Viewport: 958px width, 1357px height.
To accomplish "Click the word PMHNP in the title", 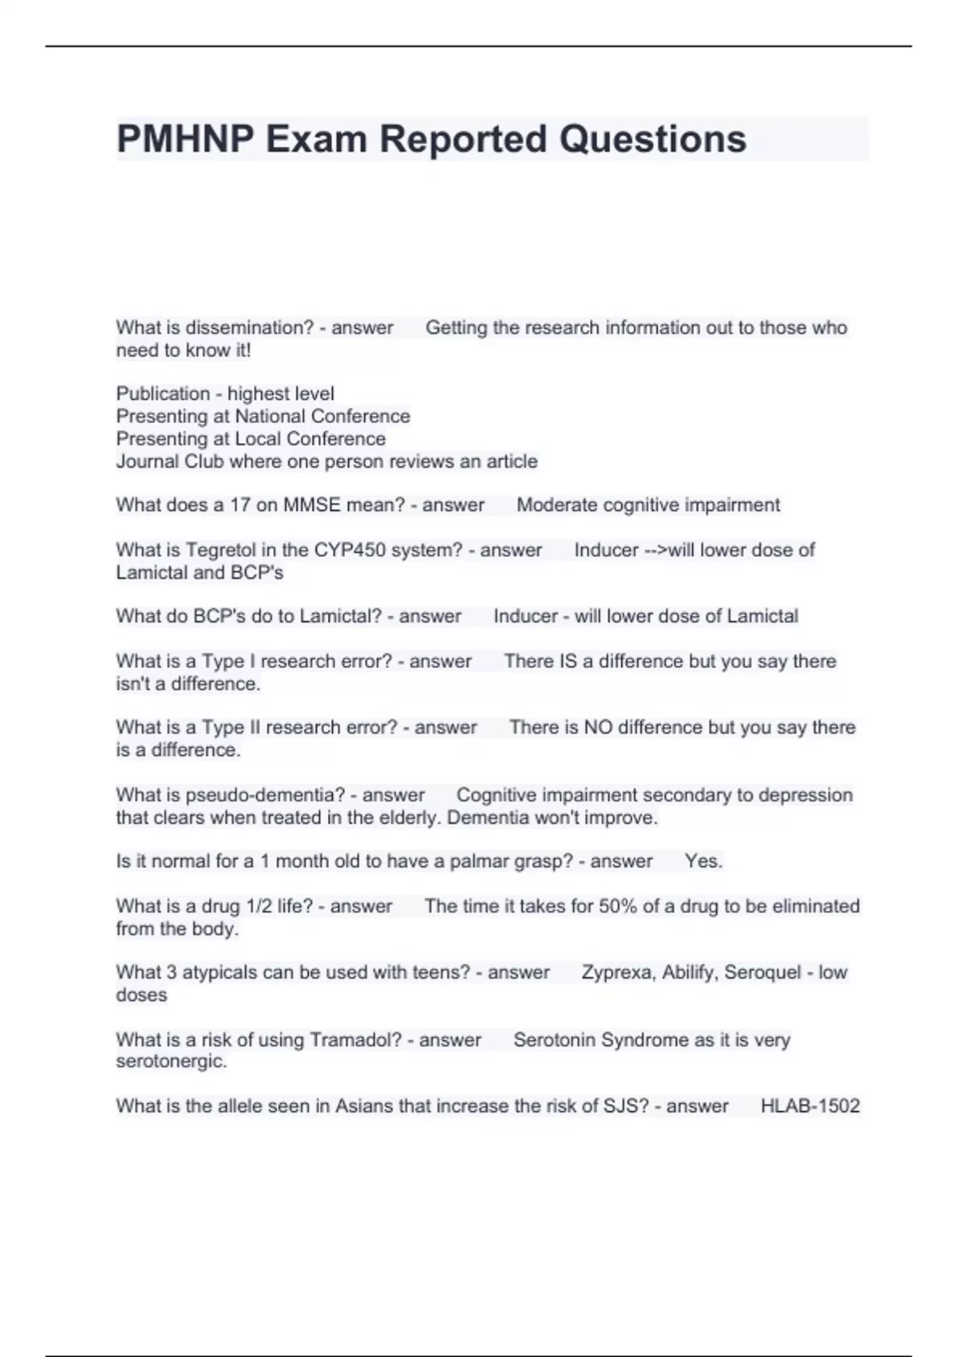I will (185, 139).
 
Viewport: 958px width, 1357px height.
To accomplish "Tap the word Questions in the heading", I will (652, 139).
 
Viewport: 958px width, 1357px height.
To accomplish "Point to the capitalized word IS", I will (565, 661).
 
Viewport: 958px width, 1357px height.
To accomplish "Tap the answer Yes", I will (703, 861).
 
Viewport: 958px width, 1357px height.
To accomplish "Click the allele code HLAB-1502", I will (810, 1106).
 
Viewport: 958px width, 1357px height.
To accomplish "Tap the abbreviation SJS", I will (630, 1106).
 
